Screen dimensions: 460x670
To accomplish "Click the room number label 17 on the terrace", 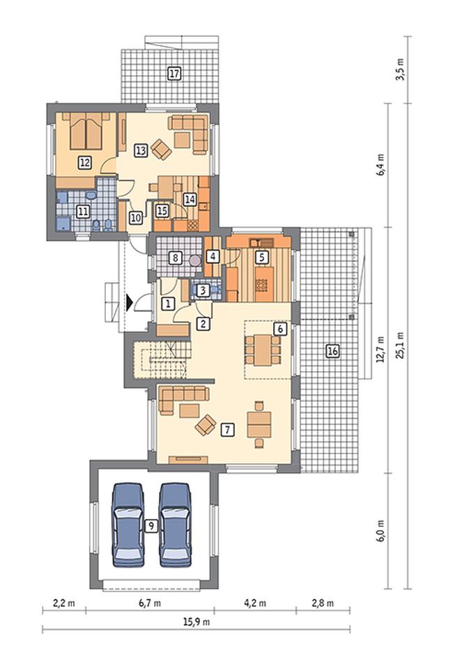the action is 174,74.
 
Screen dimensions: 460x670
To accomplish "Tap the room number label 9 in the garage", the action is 151,526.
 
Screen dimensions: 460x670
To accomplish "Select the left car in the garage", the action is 128,524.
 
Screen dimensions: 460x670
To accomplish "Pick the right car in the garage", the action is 175,524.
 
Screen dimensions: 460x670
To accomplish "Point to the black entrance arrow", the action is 130,303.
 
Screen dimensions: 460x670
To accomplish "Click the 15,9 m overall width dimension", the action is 197,621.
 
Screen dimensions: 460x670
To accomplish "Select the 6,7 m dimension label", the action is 150,603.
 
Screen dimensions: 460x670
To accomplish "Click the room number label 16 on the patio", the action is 332,351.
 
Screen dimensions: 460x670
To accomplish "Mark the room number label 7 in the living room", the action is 227,430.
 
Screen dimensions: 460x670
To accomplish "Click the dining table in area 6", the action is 263,350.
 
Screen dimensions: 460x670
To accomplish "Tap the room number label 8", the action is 175,258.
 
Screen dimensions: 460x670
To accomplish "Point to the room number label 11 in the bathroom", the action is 83,211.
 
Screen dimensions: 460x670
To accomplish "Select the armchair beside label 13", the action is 161,150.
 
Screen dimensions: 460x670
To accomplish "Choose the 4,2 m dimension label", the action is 255,603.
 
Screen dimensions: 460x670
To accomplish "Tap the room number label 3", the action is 204,290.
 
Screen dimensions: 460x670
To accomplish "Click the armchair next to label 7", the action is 206,425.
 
